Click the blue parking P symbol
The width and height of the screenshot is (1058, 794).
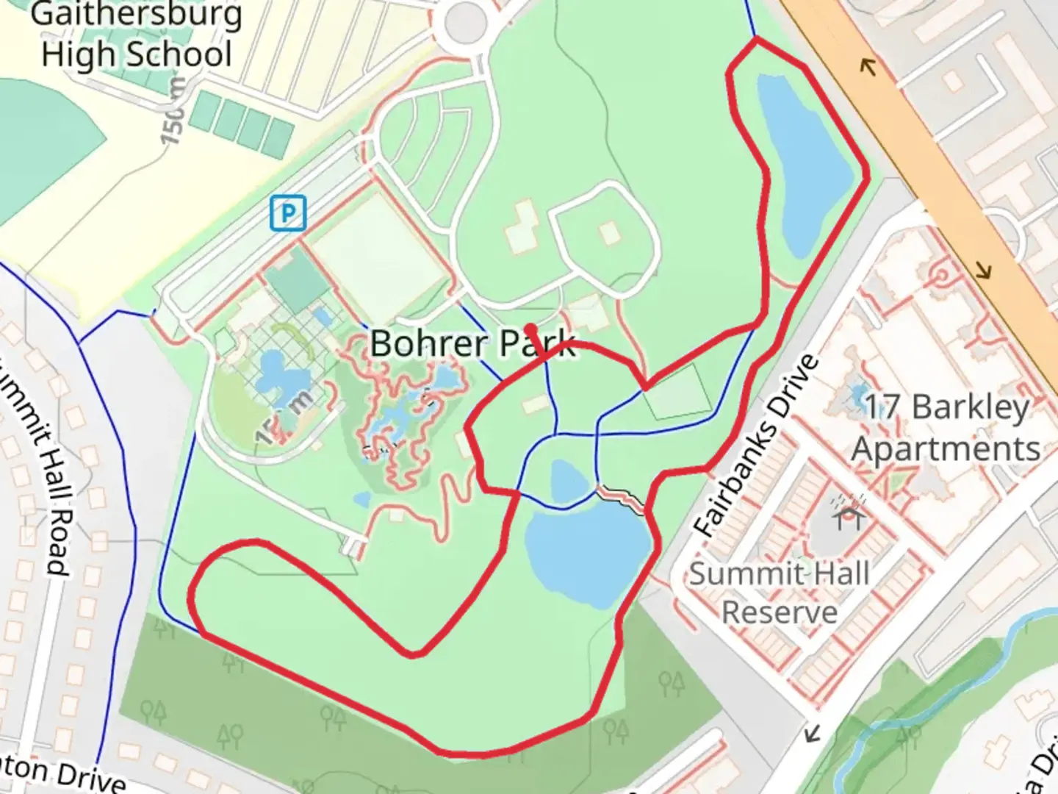point(287,214)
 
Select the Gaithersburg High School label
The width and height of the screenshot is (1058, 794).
point(137,35)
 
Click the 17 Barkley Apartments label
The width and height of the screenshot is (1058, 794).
point(946,427)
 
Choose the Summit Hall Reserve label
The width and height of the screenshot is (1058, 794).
point(779,593)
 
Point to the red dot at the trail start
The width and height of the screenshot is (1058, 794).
point(530,328)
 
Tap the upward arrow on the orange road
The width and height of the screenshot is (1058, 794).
point(869,68)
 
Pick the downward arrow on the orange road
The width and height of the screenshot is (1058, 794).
point(983,270)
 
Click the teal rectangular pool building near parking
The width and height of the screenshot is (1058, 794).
point(298,279)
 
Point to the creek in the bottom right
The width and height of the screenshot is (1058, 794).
point(948,676)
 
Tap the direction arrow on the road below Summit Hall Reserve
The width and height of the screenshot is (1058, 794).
point(812,733)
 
